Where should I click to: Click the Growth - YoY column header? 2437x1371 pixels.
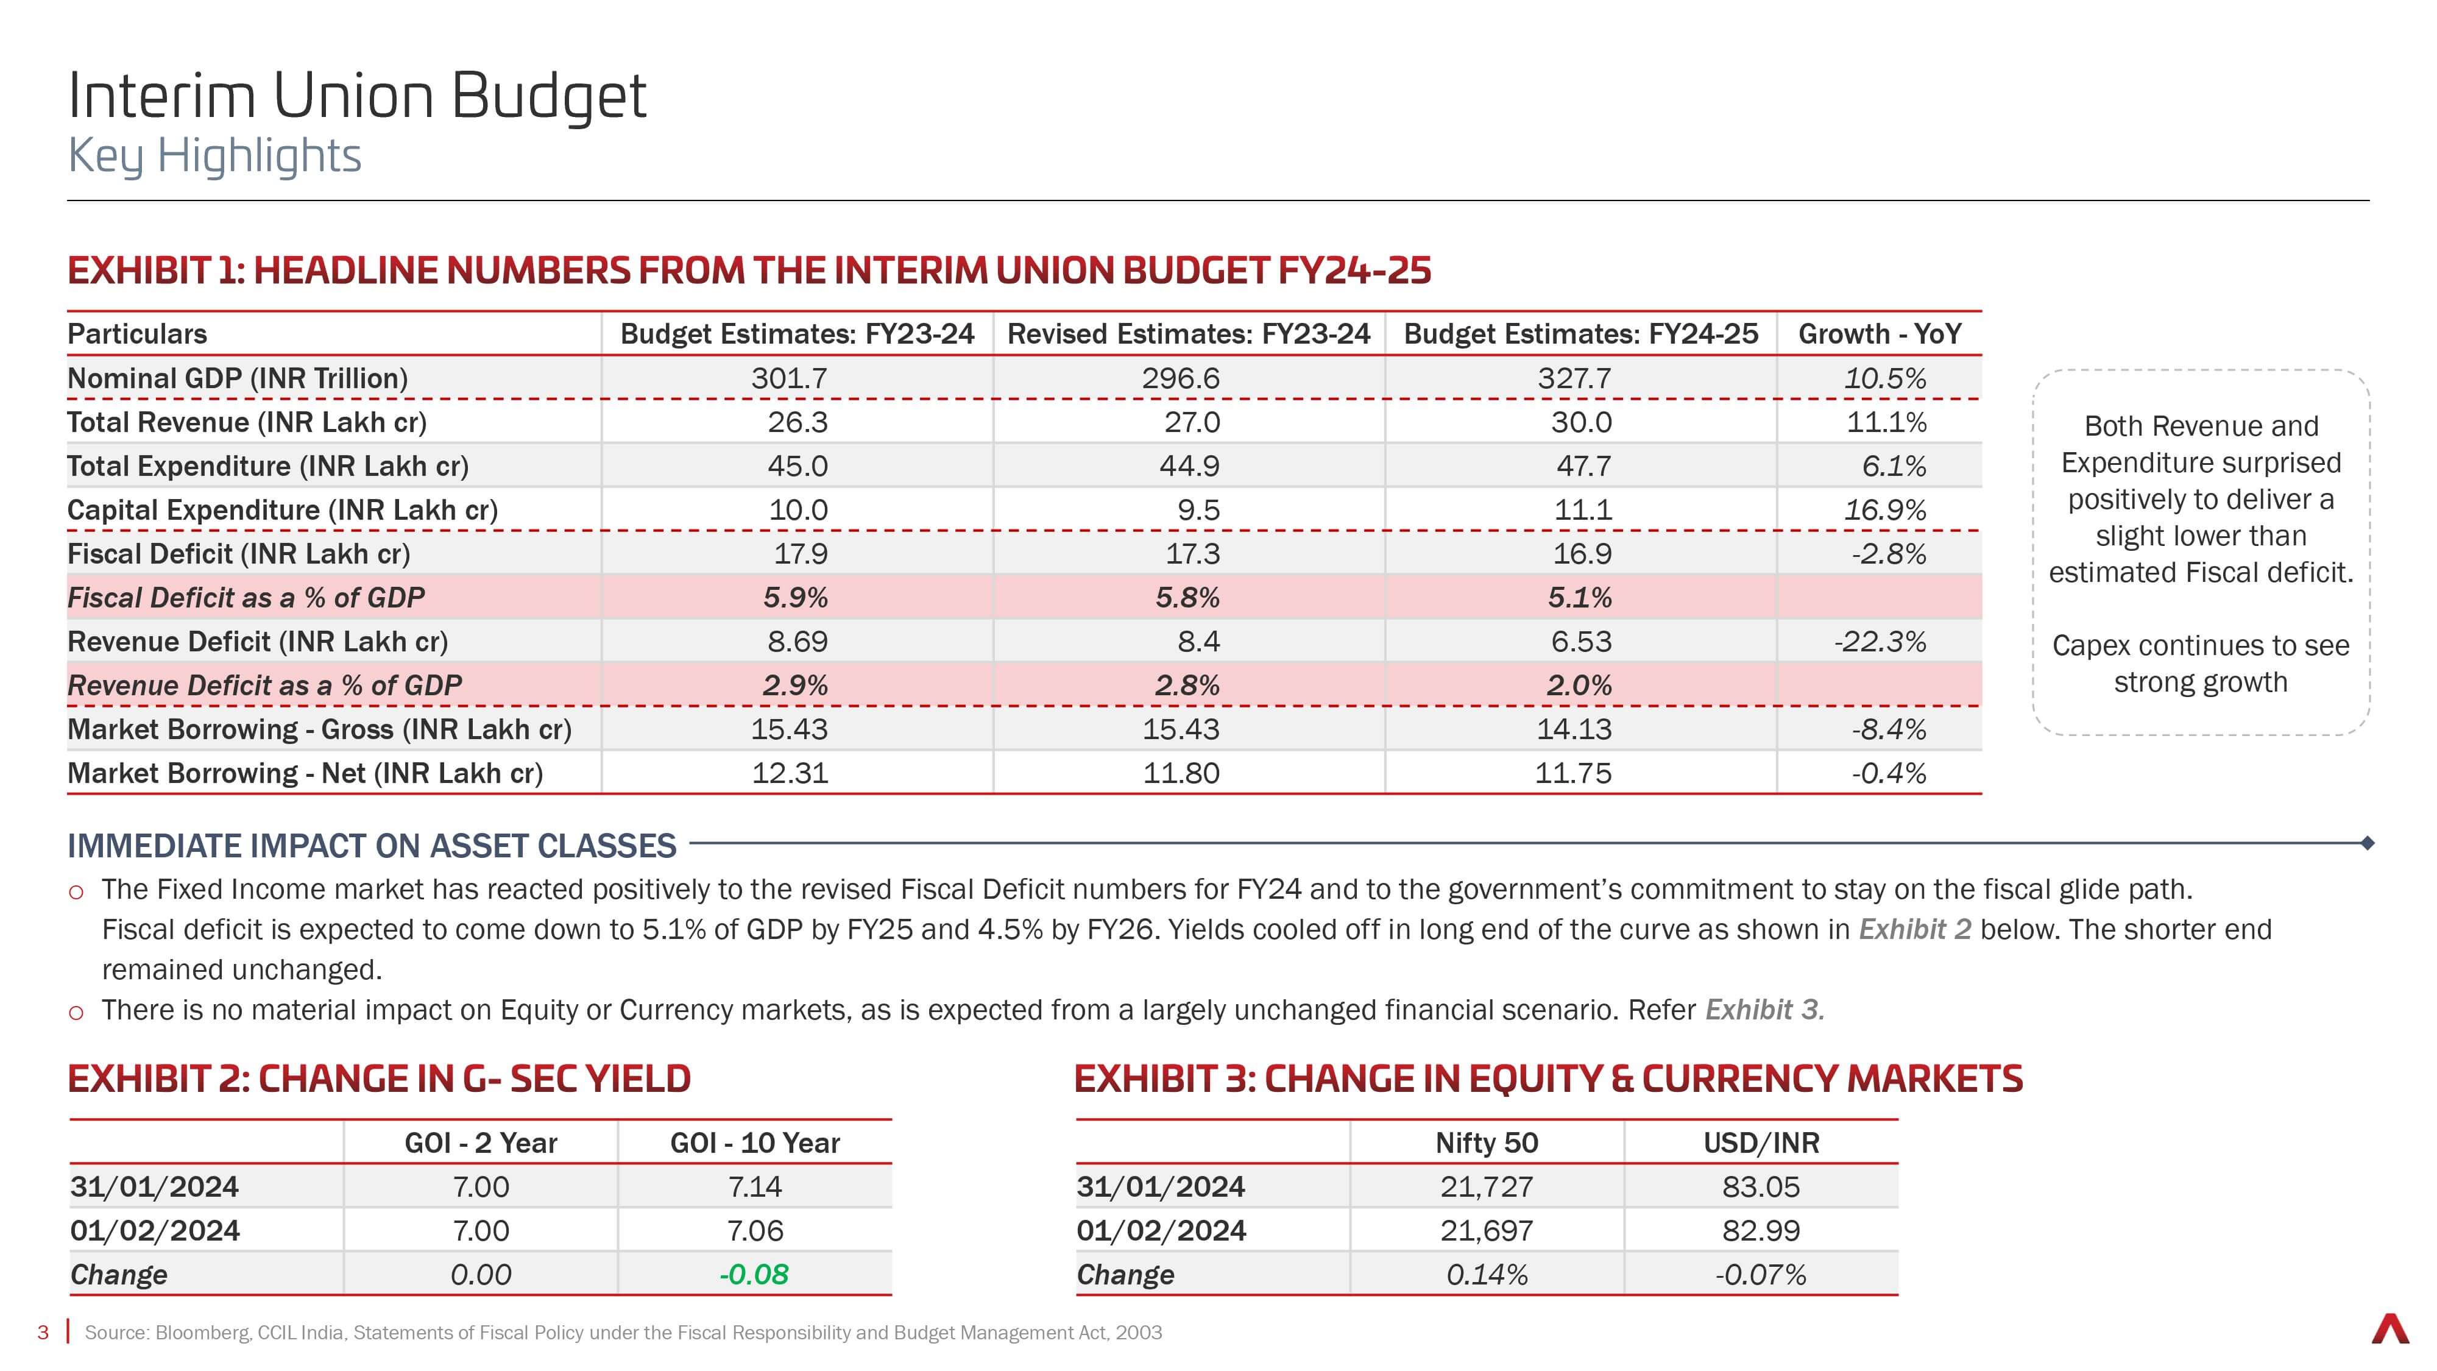point(1879,334)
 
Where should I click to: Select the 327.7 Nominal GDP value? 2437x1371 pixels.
point(1574,378)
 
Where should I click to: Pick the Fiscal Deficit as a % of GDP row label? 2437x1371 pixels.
point(246,598)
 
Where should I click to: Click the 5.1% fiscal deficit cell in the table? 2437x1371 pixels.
point(1580,598)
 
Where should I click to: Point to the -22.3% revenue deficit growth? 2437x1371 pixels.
point(1880,642)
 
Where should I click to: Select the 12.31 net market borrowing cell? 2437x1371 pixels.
point(790,773)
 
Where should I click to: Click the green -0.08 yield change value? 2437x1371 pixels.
point(754,1275)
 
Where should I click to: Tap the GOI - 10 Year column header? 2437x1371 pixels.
point(755,1143)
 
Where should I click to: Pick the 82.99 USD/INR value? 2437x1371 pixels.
point(1761,1231)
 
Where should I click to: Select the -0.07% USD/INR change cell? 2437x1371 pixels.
point(1761,1275)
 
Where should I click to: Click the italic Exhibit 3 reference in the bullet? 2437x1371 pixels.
point(1764,1010)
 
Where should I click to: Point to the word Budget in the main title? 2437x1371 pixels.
point(549,98)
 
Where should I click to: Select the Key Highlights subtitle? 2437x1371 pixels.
point(214,156)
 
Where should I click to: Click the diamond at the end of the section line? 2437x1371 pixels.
point(2367,842)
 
